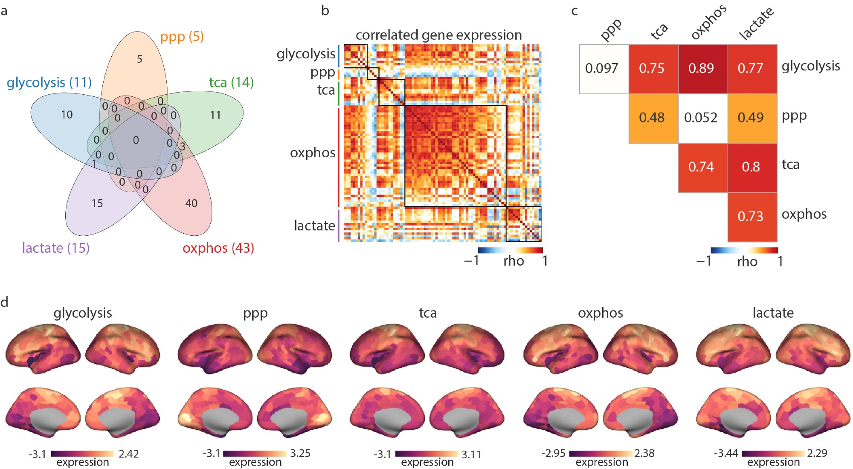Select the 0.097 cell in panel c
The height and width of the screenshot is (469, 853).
(601, 68)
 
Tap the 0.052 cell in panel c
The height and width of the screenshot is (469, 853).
(701, 118)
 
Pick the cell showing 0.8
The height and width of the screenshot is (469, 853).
(751, 167)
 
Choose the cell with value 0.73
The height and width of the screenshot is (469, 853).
(751, 216)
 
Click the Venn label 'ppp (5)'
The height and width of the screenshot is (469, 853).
(182, 37)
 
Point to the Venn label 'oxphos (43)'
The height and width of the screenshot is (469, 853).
(218, 248)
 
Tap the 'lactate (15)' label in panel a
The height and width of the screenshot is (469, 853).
(56, 248)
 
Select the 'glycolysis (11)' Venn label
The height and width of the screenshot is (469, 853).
(49, 82)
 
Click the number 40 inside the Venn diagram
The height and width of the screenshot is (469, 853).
(191, 203)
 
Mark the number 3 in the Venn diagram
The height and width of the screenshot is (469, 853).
(183, 147)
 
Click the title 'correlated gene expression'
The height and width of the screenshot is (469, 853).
(438, 35)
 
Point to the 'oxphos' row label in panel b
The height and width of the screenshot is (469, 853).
(313, 153)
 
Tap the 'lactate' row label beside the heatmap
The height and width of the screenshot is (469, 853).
(314, 226)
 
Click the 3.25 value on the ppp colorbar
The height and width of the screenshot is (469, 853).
(300, 453)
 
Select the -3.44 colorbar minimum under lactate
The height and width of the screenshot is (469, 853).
(725, 453)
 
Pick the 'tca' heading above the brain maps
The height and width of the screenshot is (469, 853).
(428, 313)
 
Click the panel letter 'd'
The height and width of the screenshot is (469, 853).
(5, 302)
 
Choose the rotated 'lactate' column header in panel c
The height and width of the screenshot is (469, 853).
(757, 23)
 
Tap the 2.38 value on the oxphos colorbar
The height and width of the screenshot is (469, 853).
(644, 453)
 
